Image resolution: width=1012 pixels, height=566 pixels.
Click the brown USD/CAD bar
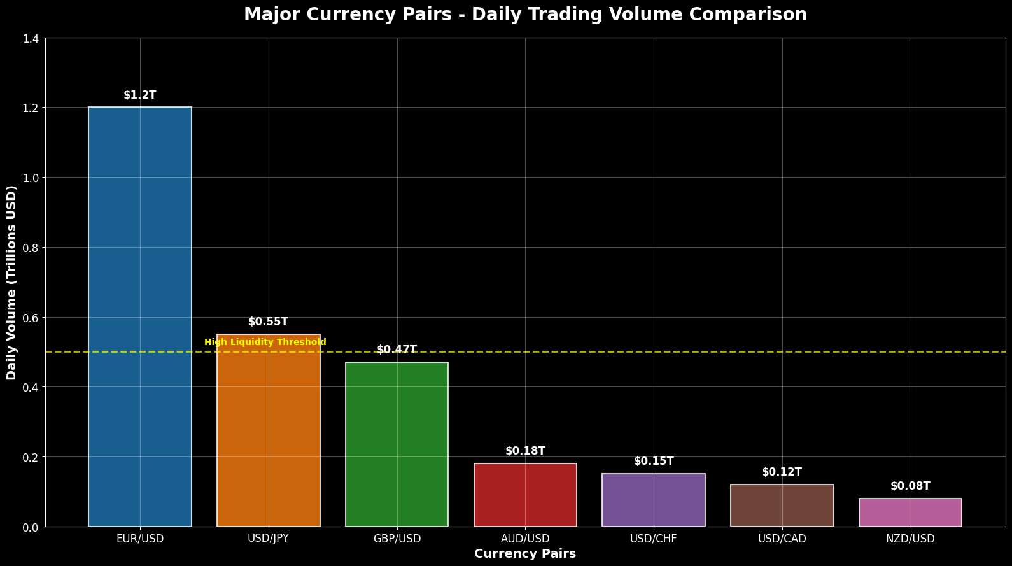click(x=782, y=506)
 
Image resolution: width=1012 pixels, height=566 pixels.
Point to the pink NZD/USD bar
click(x=910, y=513)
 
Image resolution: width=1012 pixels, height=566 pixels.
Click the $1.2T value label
click(x=140, y=96)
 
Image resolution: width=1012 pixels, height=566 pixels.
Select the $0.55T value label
click(x=269, y=322)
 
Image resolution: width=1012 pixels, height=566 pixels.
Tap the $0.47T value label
click(x=397, y=350)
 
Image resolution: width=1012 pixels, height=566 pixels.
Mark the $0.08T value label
click(x=910, y=486)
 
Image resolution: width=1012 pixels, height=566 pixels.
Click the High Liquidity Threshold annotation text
click(x=265, y=343)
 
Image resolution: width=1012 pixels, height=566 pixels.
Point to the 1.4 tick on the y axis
click(x=30, y=39)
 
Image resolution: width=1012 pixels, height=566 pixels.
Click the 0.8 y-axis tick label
click(x=30, y=248)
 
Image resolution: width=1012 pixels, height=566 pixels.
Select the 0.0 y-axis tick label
click(x=30, y=527)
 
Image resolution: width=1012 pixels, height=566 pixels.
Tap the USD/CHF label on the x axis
click(x=654, y=539)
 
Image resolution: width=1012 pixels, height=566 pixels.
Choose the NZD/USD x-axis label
click(x=910, y=539)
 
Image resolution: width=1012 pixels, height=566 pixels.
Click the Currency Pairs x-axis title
click(x=525, y=554)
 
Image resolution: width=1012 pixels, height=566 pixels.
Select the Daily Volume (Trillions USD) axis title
click(x=12, y=283)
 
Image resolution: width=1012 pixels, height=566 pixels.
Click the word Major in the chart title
click(x=268, y=15)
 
